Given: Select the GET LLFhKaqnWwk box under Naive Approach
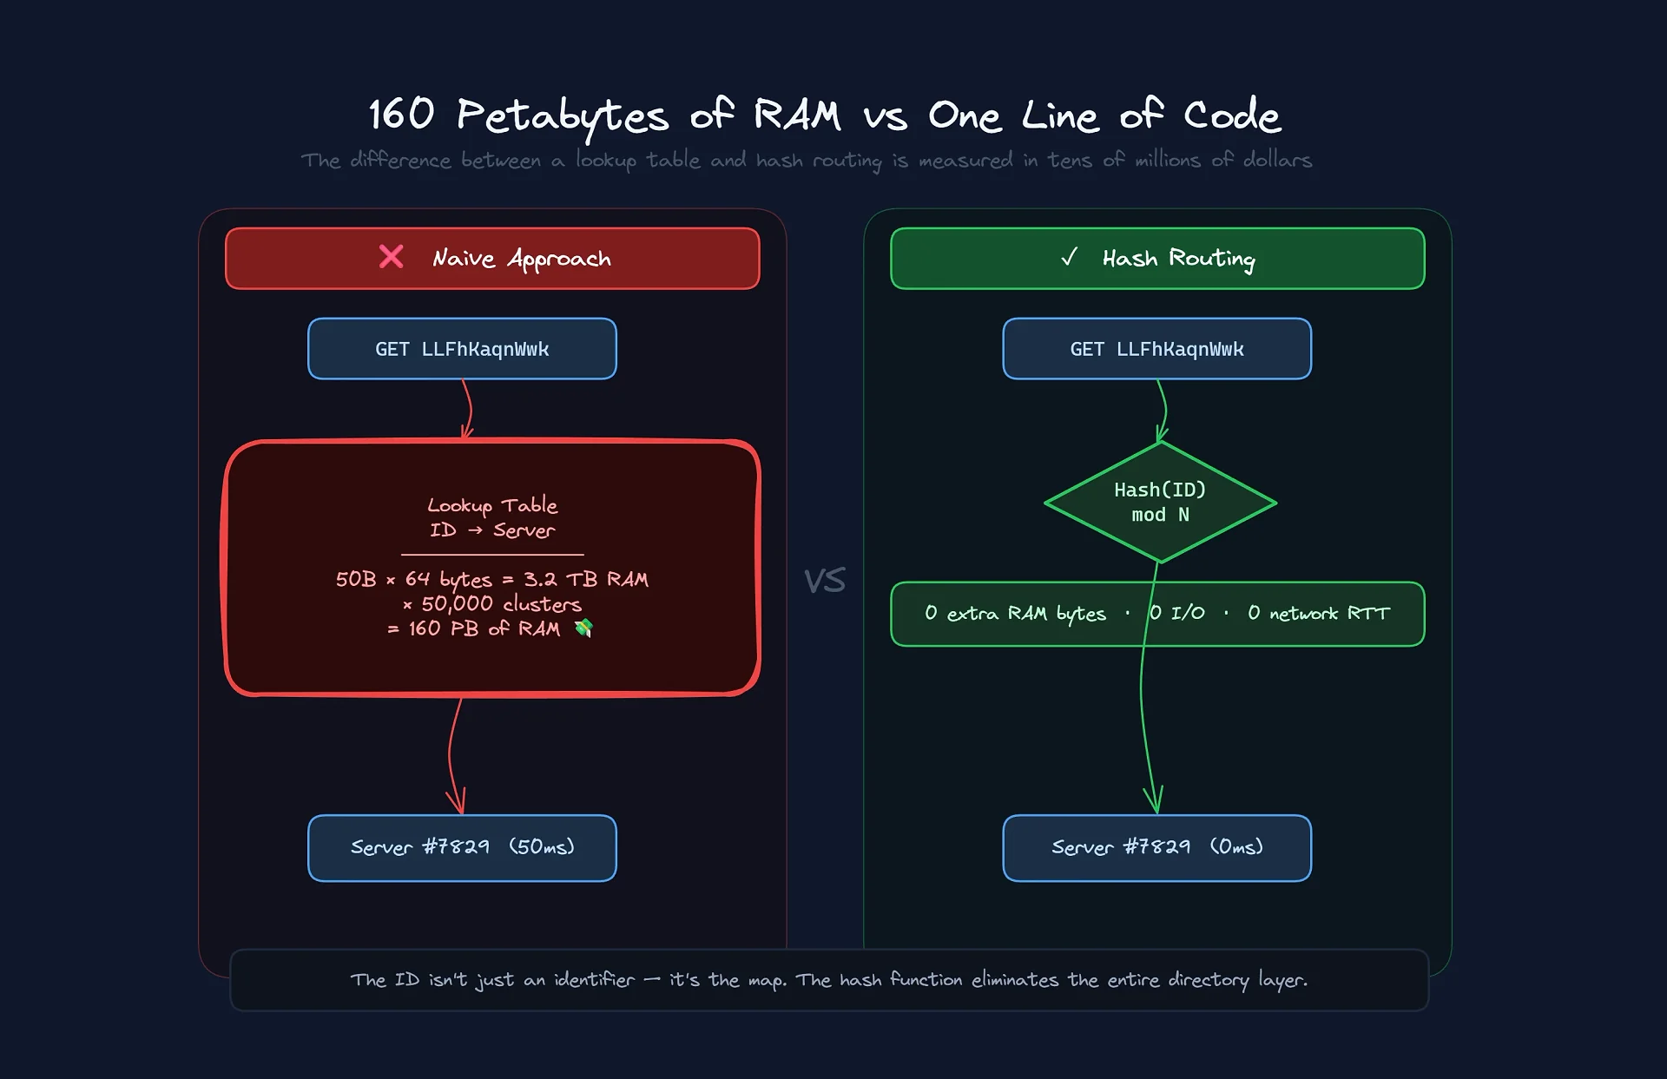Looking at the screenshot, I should pyautogui.click(x=462, y=349).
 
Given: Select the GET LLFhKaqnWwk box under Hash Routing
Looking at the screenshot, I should pyautogui.click(x=1156, y=349).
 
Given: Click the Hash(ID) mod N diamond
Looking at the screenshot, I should pyautogui.click(x=1160, y=503).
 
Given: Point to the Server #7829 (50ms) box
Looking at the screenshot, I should pyautogui.click(x=462, y=847).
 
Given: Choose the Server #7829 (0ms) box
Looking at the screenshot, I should pyautogui.click(x=1156, y=847).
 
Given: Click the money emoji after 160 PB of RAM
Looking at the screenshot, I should pyautogui.click(x=583, y=628).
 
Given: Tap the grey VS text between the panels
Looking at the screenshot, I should pyautogui.click(x=824, y=581).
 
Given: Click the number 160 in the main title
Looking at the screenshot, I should pyautogui.click(x=401, y=115).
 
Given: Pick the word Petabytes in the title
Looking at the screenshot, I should pyautogui.click(x=563, y=116).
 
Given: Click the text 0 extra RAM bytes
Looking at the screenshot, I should pyautogui.click(x=1015, y=614).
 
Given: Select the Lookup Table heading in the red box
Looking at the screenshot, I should pyautogui.click(x=492, y=505).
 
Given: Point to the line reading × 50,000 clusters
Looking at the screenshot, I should pyautogui.click(x=492, y=604).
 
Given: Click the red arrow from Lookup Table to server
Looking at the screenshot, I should pyautogui.click(x=451, y=755).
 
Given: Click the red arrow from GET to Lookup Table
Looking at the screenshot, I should pyautogui.click(x=469, y=409).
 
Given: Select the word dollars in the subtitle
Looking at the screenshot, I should pyautogui.click(x=1277, y=161).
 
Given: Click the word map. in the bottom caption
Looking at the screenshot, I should pyautogui.click(x=767, y=980).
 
